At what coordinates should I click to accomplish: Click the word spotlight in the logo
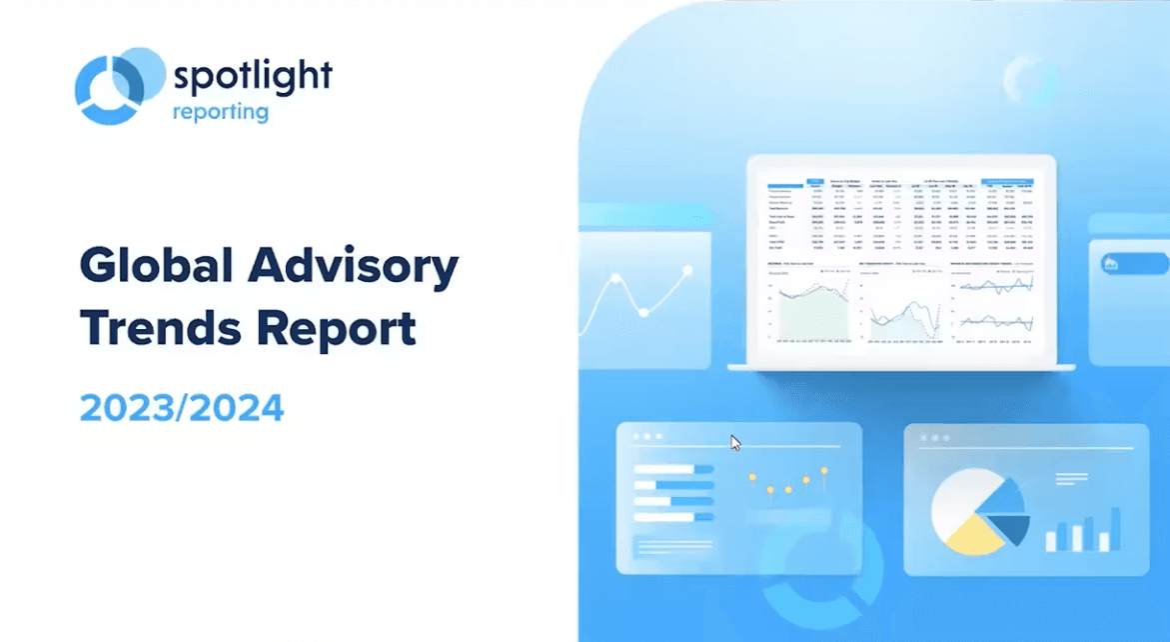click(252, 75)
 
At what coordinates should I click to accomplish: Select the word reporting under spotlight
click(221, 111)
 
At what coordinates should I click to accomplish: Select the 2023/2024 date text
click(182, 408)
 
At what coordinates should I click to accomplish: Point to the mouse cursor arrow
click(735, 443)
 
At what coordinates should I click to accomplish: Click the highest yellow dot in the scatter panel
click(824, 470)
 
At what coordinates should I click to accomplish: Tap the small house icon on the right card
click(1109, 264)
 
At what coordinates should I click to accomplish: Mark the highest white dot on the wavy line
click(686, 270)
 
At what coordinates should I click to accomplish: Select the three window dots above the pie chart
click(933, 437)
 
